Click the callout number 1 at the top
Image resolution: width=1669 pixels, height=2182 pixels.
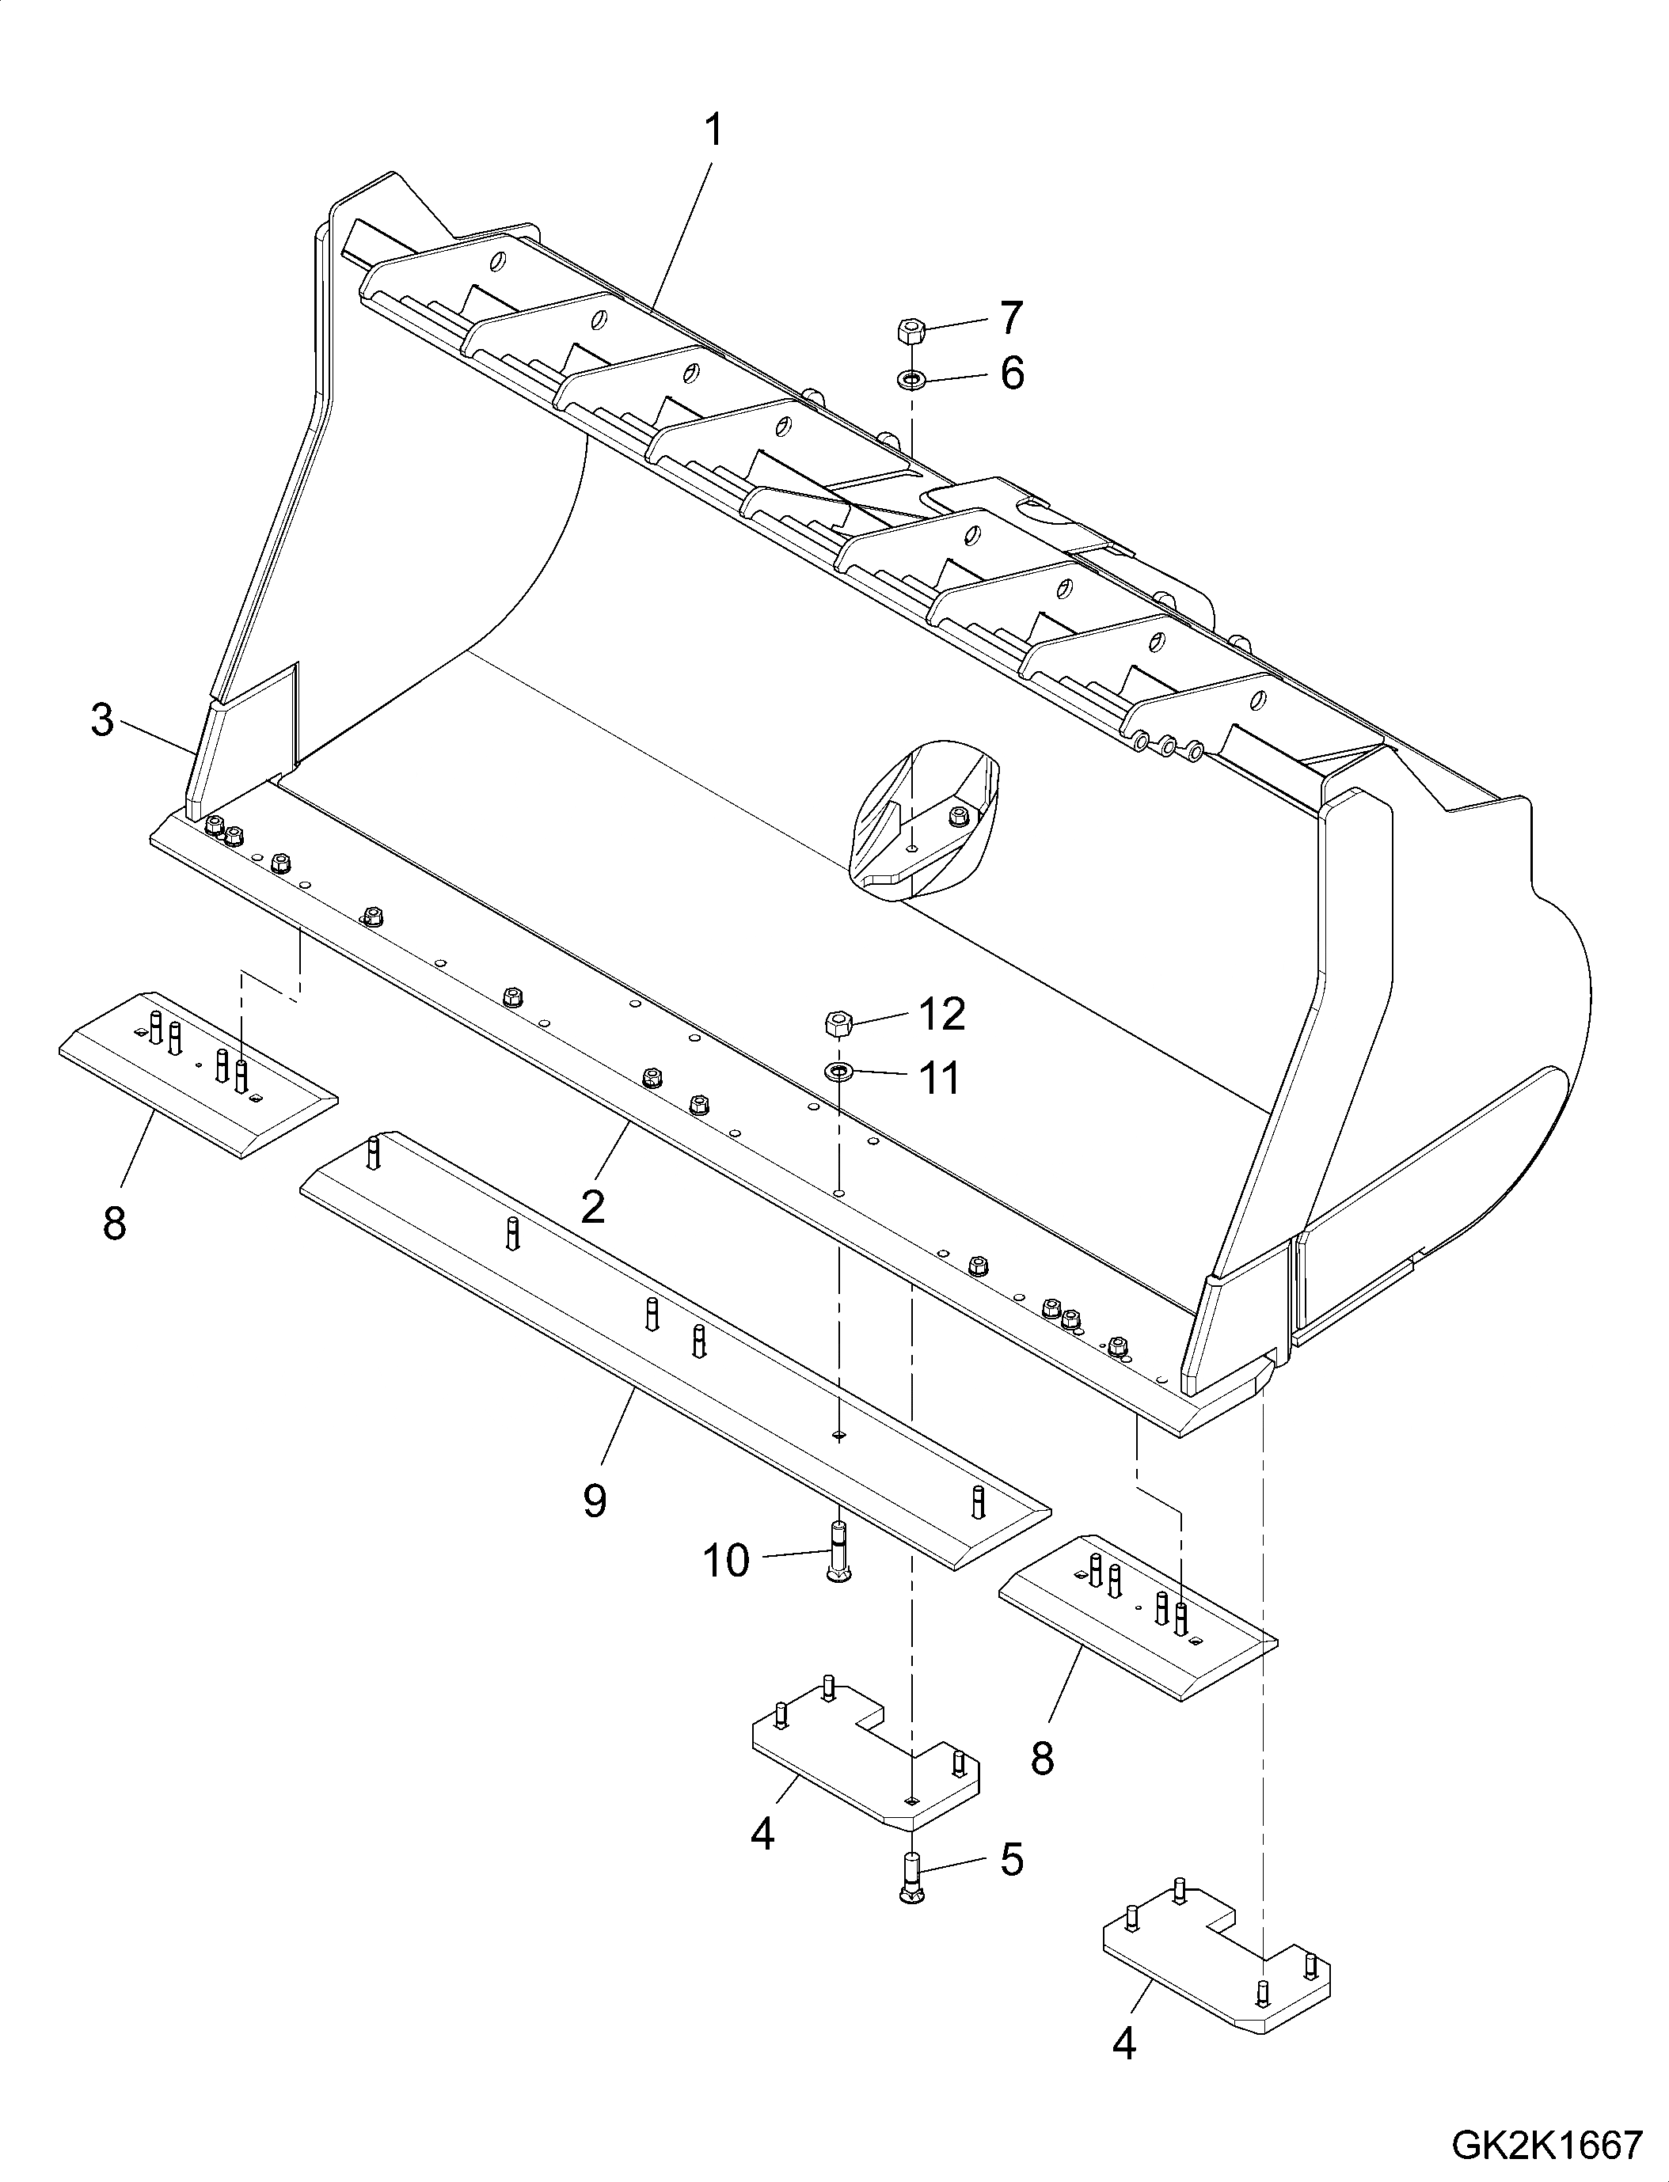[x=713, y=130]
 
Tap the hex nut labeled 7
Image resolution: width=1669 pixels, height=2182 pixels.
[x=910, y=330]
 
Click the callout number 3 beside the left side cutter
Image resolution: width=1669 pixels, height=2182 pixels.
[x=102, y=721]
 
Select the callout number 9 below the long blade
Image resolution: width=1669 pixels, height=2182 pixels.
[x=594, y=1501]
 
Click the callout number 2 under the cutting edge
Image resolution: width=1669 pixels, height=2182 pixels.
[x=593, y=1208]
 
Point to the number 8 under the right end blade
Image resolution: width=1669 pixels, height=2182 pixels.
[x=1041, y=1759]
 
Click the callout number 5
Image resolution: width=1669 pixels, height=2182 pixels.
[x=1011, y=1859]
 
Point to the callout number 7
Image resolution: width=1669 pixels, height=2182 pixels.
[x=1010, y=318]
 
